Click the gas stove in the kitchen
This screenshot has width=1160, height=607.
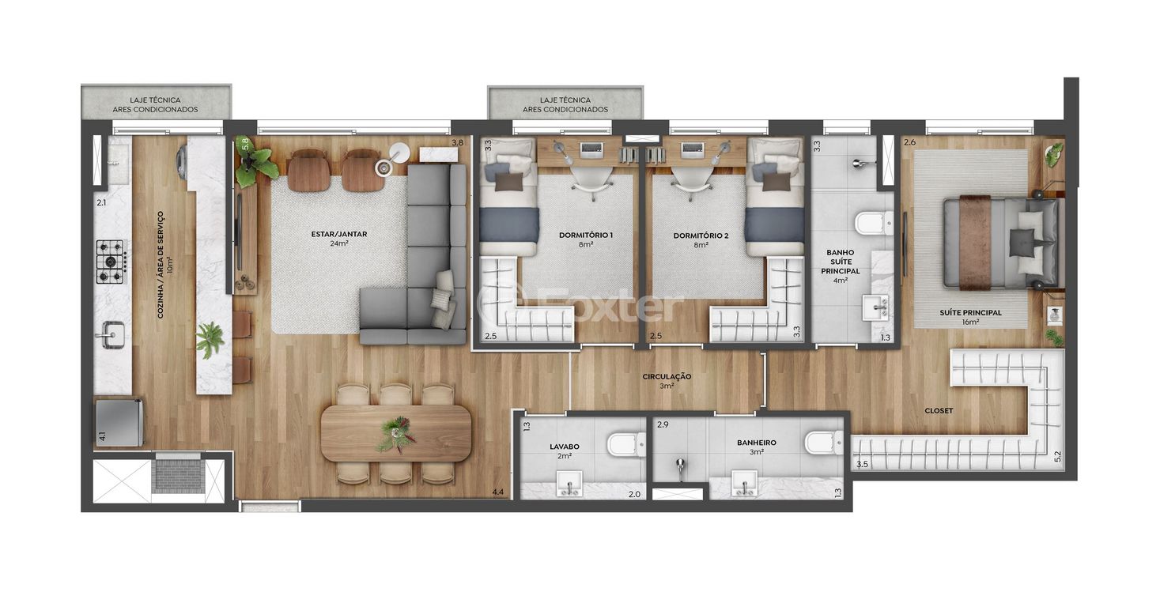tap(111, 262)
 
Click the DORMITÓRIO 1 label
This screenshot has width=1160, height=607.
tap(586, 235)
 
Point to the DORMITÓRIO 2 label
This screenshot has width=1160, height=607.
tap(701, 236)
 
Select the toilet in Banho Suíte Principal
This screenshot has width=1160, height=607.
tap(875, 223)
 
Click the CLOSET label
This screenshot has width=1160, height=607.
tap(939, 411)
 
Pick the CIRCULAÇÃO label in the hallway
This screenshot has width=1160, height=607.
tap(667, 377)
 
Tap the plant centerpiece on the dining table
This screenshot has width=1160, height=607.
tap(397, 433)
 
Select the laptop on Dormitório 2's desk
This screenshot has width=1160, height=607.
tap(693, 149)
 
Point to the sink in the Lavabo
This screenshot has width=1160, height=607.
tap(569, 483)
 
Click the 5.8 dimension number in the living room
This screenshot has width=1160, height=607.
tap(245, 144)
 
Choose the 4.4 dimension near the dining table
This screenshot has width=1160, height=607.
tap(497, 492)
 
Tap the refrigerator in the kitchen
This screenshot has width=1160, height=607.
tap(119, 422)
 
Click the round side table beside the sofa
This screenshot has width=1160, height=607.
tap(398, 153)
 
